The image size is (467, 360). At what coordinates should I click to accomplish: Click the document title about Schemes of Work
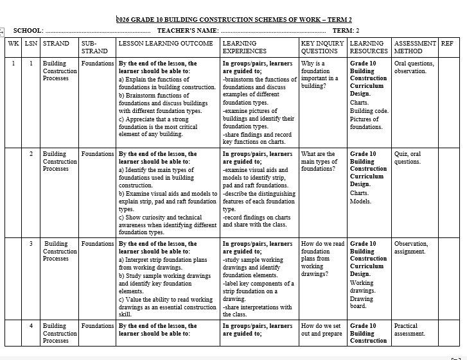(x=234, y=20)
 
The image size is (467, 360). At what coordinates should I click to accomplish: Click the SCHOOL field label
(x=28, y=31)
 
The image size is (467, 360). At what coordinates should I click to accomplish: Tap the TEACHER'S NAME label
(x=188, y=31)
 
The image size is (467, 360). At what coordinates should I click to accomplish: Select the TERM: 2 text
(x=346, y=31)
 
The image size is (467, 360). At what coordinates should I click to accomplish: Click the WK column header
(x=13, y=44)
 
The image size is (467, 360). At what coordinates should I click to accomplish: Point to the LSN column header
(x=31, y=44)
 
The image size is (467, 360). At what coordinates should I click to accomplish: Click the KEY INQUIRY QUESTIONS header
(x=322, y=47)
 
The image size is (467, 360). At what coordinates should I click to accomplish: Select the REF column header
(x=447, y=44)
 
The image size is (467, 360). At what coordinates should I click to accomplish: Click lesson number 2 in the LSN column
(x=31, y=154)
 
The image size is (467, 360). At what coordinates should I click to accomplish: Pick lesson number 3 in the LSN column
(x=31, y=244)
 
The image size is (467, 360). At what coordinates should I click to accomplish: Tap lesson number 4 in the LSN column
(x=31, y=326)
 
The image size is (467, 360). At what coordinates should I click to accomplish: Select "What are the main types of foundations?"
(x=319, y=161)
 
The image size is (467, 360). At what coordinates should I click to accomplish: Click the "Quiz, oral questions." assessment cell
(x=408, y=158)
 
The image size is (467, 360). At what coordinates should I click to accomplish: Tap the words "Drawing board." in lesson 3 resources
(x=362, y=302)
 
